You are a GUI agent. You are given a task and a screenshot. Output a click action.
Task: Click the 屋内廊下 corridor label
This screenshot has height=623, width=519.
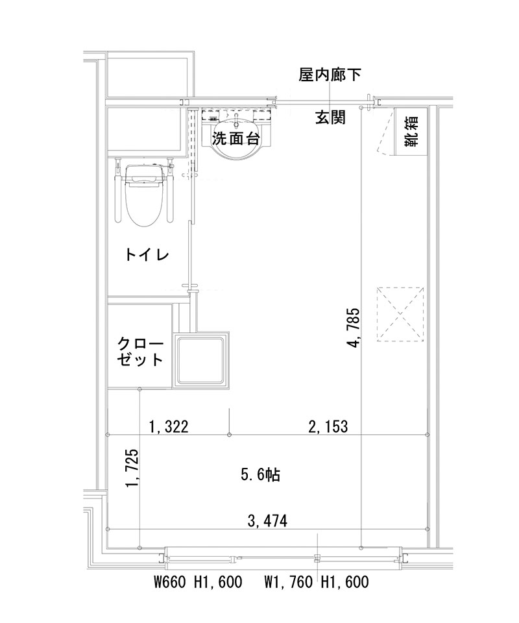point(330,75)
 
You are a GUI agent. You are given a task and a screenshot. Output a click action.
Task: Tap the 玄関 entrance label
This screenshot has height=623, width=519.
point(330,117)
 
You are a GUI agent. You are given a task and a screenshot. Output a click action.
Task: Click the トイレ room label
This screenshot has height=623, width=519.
point(147,255)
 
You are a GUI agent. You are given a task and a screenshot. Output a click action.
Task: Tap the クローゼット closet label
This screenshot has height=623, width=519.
point(139,351)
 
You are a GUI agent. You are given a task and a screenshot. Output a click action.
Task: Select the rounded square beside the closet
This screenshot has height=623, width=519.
point(202,361)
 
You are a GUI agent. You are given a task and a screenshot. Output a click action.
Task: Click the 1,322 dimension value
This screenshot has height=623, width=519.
point(169,426)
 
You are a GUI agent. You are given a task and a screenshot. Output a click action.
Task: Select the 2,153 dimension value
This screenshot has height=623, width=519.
point(328,426)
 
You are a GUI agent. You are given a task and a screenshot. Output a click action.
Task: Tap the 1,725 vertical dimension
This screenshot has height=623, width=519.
point(132,469)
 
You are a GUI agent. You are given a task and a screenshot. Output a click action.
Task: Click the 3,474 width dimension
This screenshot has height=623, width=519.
point(268,520)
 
